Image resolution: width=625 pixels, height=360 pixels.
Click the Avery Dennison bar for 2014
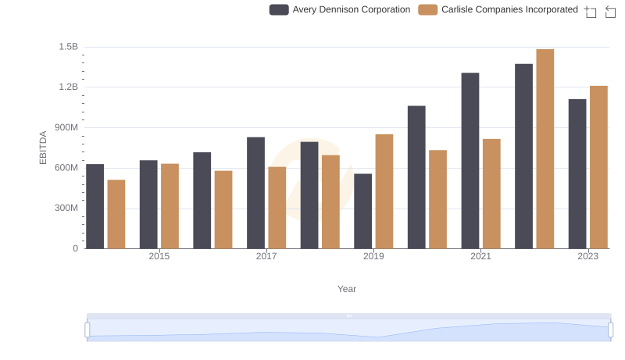pyautogui.click(x=95, y=206)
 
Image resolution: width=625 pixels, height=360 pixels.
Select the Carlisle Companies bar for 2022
pyautogui.click(x=545, y=149)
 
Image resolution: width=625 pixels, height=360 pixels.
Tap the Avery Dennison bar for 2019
pyautogui.click(x=362, y=211)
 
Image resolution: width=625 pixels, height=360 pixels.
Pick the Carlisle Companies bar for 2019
pyautogui.click(x=384, y=191)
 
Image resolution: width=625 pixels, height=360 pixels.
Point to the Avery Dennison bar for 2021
pyautogui.click(x=470, y=161)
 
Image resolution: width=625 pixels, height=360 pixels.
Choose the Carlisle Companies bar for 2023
pyautogui.click(x=598, y=167)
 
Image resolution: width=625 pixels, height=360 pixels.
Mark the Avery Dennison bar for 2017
pyautogui.click(x=255, y=193)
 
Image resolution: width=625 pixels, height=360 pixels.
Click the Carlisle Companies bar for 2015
pyautogui.click(x=170, y=206)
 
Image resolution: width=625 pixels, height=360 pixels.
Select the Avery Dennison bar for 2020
pyautogui.click(x=416, y=177)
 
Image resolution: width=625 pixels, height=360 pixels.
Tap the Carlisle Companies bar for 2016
pyautogui.click(x=223, y=209)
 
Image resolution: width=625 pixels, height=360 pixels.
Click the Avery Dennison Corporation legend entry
pyautogui.click(x=341, y=9)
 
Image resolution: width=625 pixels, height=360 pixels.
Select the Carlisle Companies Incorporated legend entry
pyautogui.click(x=498, y=9)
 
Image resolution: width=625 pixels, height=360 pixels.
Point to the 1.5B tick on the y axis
pyautogui.click(x=69, y=47)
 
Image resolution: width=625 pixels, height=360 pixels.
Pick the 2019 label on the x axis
pyautogui.click(x=373, y=256)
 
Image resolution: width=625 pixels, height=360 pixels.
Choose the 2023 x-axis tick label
pyautogui.click(x=587, y=256)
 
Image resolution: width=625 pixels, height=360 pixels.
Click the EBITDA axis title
pyautogui.click(x=43, y=148)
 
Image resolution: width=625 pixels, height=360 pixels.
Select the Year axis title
pyautogui.click(x=347, y=289)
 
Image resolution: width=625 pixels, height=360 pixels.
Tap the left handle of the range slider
pyautogui.click(x=87, y=330)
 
